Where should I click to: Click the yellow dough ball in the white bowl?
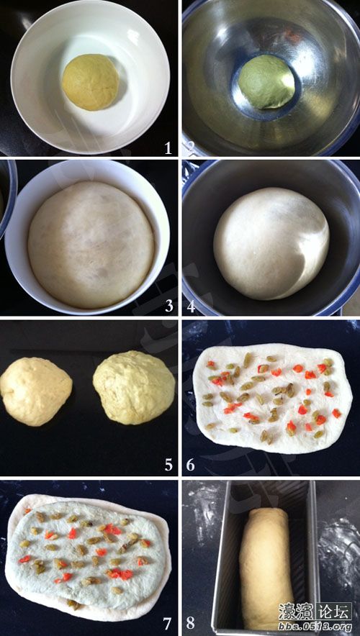[x=91, y=82]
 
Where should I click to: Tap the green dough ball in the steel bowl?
[x=266, y=81]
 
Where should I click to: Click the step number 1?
[x=168, y=148]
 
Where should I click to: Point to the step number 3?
[x=168, y=306]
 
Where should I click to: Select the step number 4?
[x=191, y=306]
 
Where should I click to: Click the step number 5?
[x=168, y=465]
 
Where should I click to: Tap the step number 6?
[x=191, y=465]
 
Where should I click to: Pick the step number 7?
[x=167, y=623]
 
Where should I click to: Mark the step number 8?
[x=191, y=623]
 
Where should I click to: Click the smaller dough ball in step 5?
[x=36, y=391]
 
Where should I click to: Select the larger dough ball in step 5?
[x=134, y=387]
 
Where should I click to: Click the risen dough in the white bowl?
[x=91, y=245]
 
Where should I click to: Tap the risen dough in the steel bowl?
[x=271, y=243]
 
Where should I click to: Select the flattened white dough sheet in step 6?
[x=273, y=397]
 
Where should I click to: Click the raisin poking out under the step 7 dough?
[x=73, y=604]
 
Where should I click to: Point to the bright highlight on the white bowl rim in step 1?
[x=134, y=36]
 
